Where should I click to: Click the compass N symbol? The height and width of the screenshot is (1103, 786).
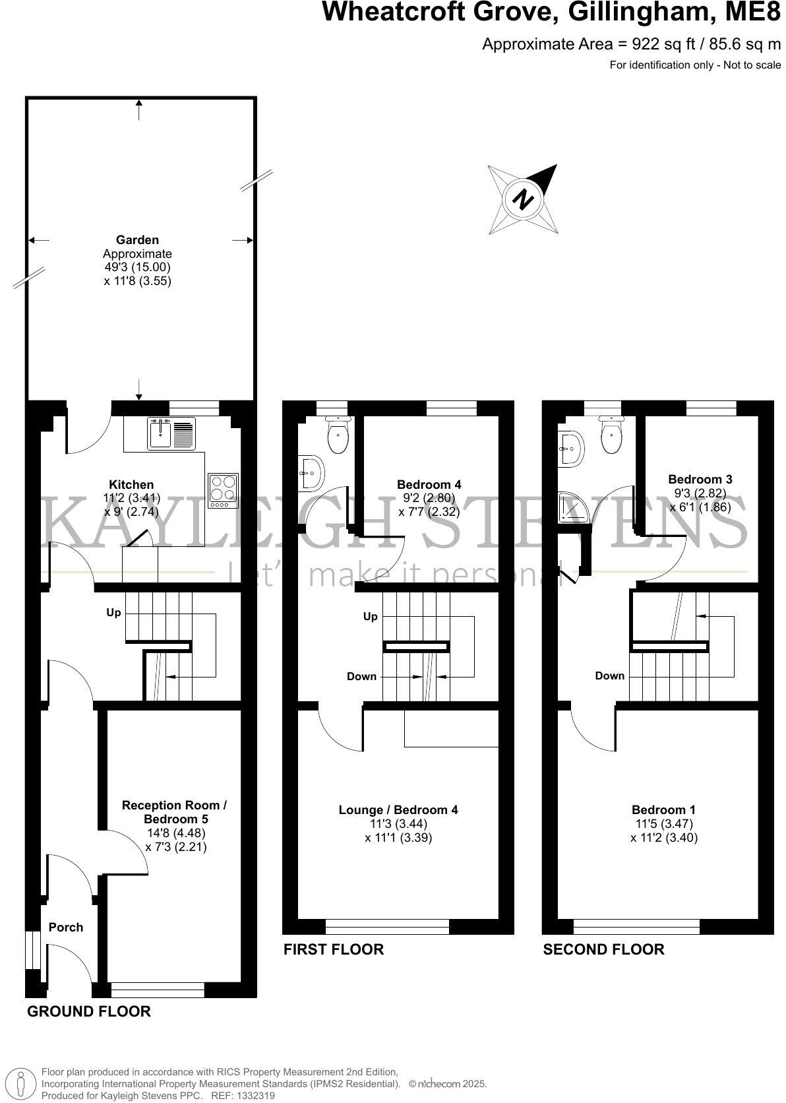tap(524, 199)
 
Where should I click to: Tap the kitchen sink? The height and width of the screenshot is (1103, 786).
tap(160, 434)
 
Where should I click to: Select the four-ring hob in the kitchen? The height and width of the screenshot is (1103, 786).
tap(223, 491)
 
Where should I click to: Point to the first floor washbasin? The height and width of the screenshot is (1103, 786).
tap(311, 473)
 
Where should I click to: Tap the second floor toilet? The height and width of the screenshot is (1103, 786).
tap(611, 433)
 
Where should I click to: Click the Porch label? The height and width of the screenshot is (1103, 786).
tap(66, 927)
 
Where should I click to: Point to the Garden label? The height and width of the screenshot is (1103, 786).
tap(137, 240)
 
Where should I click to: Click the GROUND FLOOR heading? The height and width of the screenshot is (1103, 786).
tap(88, 1011)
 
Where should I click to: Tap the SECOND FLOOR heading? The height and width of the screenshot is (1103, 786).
tap(603, 949)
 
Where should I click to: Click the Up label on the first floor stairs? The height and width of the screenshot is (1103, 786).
tap(371, 616)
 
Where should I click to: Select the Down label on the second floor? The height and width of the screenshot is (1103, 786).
tap(609, 676)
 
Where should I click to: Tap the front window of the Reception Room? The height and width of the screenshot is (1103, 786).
tap(158, 990)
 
